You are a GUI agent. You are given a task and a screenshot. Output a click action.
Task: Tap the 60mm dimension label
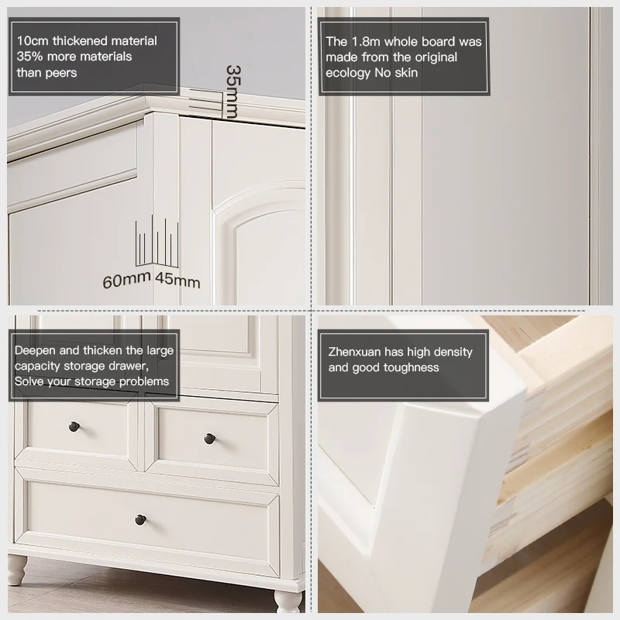(x=127, y=281)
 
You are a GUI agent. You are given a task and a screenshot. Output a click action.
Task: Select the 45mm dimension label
(x=177, y=281)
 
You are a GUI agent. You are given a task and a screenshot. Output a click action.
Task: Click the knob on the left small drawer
(x=75, y=426)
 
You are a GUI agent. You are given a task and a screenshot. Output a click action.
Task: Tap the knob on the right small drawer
(x=209, y=439)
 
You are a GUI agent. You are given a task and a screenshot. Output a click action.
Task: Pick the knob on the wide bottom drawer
(x=141, y=519)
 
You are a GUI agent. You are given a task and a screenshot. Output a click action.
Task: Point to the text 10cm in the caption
(x=32, y=41)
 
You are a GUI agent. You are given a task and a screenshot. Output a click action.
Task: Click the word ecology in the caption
(x=349, y=73)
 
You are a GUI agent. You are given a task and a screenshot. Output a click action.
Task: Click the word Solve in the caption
(x=33, y=381)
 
